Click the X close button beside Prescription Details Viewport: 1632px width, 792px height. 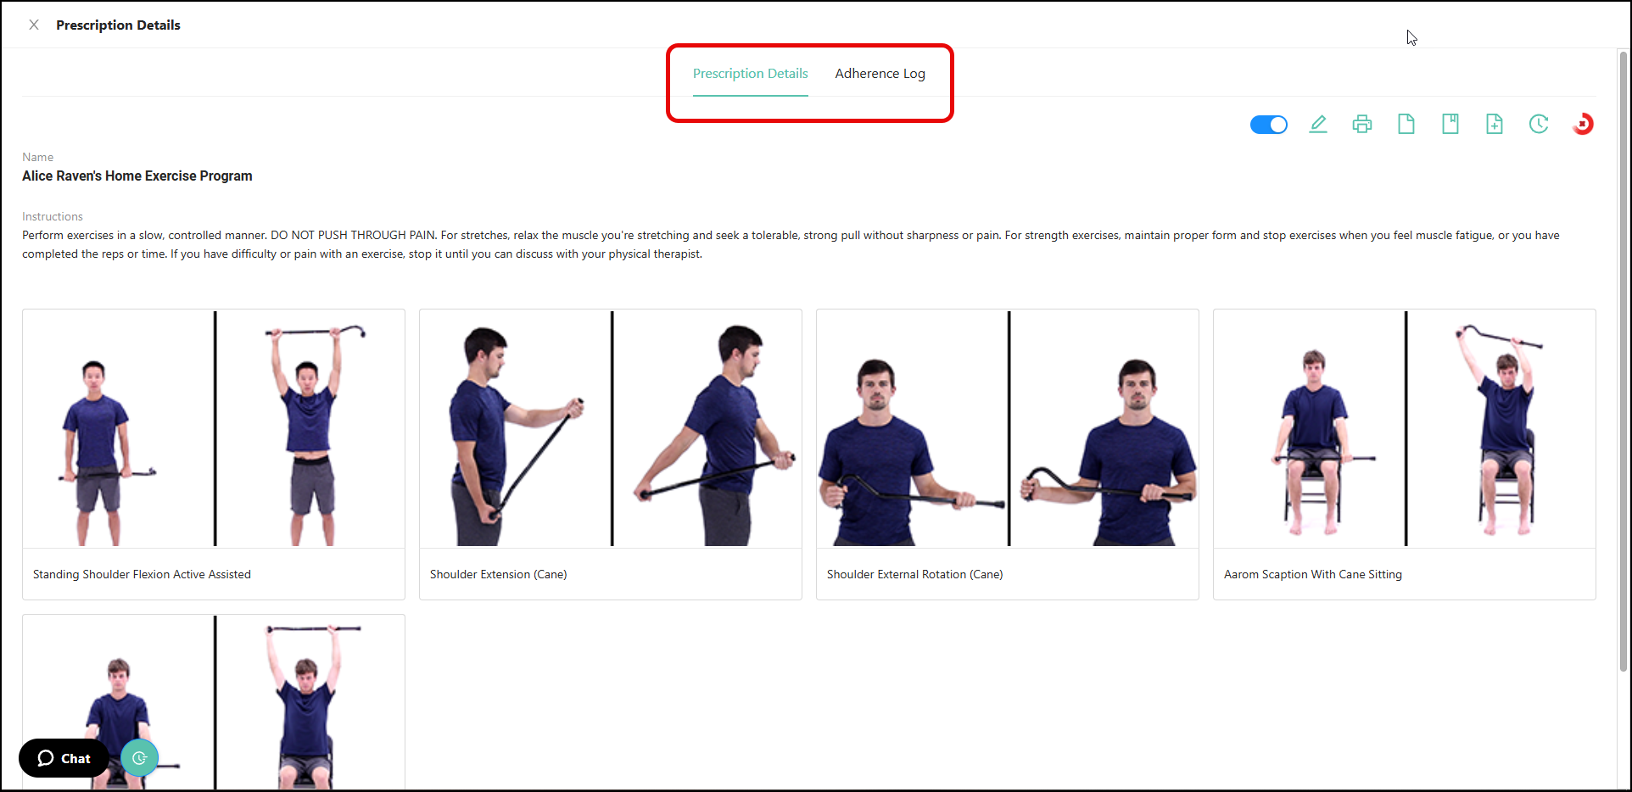tap(34, 25)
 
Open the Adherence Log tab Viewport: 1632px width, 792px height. tap(880, 74)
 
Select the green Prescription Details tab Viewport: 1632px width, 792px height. tap(750, 74)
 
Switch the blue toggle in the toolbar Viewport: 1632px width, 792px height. tap(1268, 125)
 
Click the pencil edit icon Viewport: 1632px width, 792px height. tap(1318, 125)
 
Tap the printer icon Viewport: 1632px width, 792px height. tap(1362, 125)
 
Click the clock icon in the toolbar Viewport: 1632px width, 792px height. tap(1539, 125)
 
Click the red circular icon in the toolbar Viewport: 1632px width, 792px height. tap(1583, 125)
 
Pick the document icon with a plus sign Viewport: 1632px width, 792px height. tap(1495, 125)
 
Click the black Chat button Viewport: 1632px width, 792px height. tap(64, 758)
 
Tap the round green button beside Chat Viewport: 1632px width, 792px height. tap(140, 758)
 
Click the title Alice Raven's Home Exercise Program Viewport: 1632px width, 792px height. tap(137, 176)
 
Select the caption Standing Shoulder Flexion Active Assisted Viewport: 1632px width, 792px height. tap(142, 574)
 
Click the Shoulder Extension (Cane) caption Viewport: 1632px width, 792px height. tap(498, 574)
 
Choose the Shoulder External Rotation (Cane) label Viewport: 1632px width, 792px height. tap(914, 574)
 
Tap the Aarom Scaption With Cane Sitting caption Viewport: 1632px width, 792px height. tap(1312, 574)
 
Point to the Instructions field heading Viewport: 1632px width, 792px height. tap(53, 216)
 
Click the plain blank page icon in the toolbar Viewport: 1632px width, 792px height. tap(1406, 125)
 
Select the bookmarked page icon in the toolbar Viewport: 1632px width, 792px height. tap(1450, 125)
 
